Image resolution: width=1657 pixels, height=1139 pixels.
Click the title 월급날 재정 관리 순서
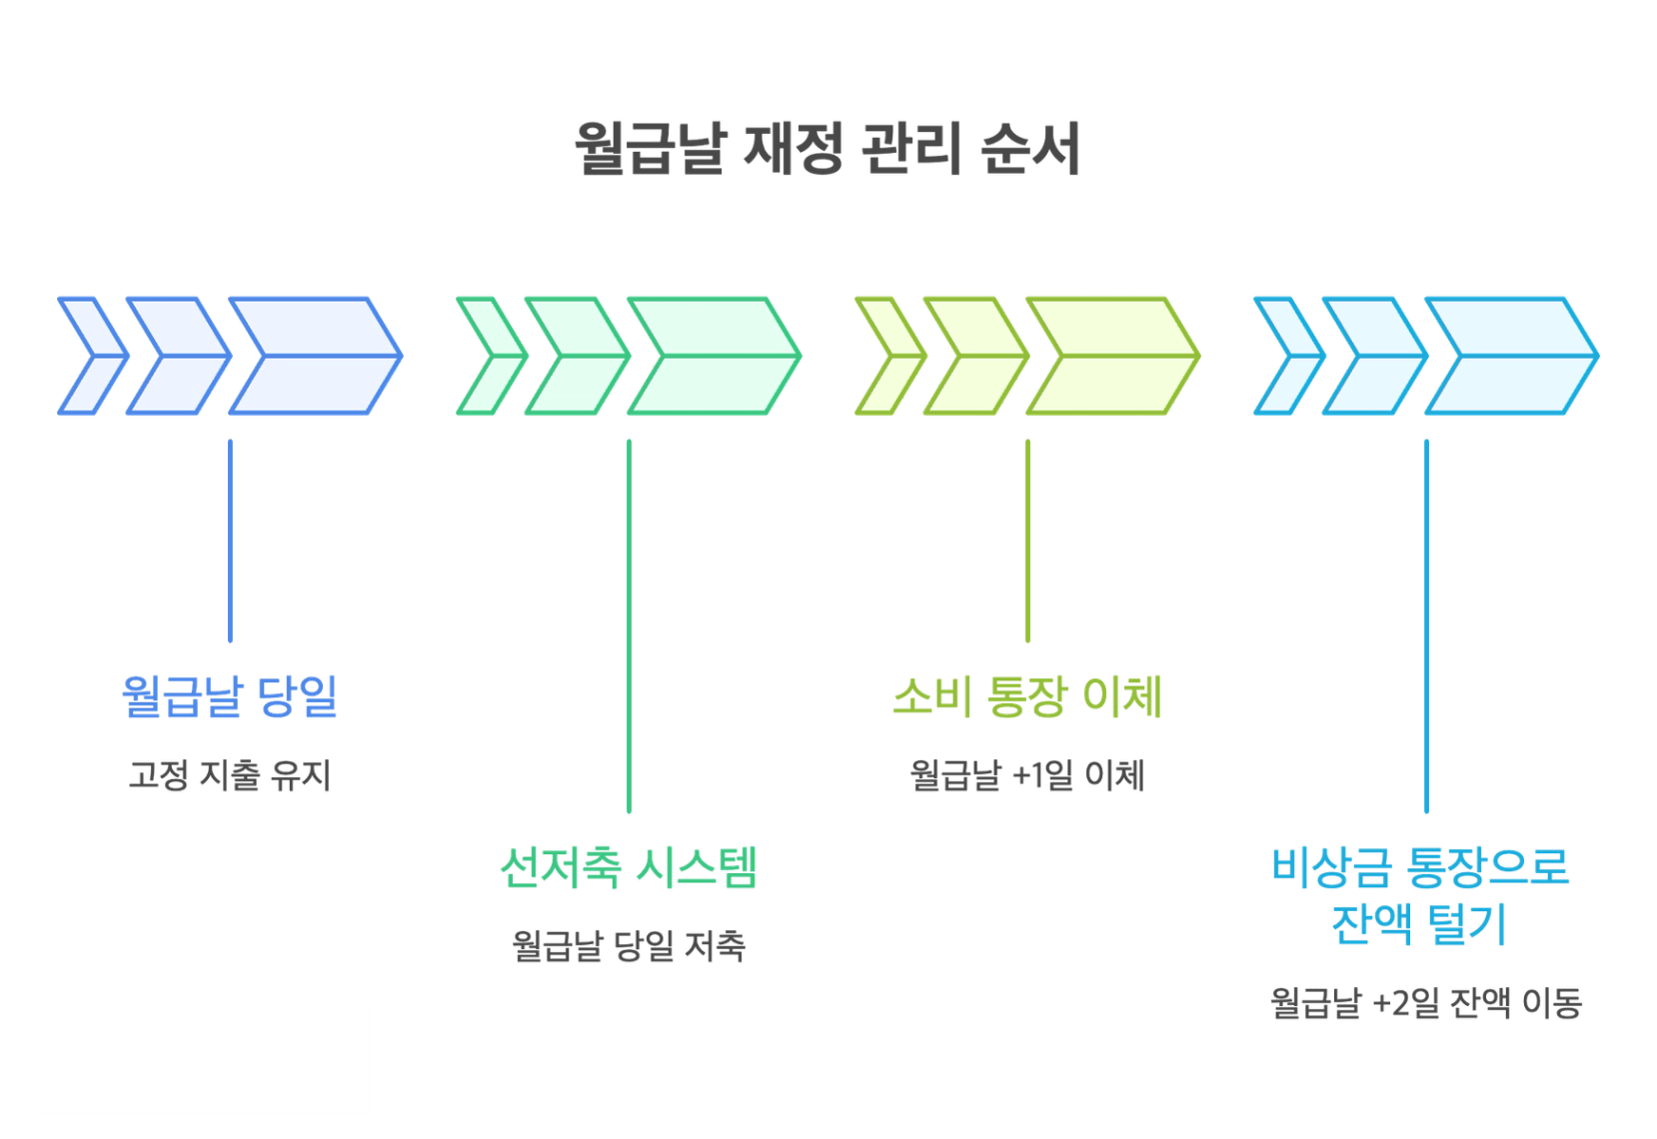(x=828, y=150)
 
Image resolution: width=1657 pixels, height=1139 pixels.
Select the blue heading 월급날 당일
(x=230, y=695)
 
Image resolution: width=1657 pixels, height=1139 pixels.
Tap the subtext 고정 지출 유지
(x=230, y=775)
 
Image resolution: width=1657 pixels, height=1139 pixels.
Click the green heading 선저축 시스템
(x=628, y=866)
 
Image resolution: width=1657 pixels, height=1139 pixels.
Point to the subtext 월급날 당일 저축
(x=629, y=946)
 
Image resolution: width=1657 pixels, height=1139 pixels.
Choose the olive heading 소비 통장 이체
(x=1027, y=695)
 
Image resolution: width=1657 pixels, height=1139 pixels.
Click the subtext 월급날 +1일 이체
(x=1027, y=775)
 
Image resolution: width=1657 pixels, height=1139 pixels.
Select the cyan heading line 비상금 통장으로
(x=1420, y=866)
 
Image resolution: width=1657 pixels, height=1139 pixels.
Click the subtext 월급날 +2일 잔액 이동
(x=1426, y=1003)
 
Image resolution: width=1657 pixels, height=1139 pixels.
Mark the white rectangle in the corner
(x=201, y=1058)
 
